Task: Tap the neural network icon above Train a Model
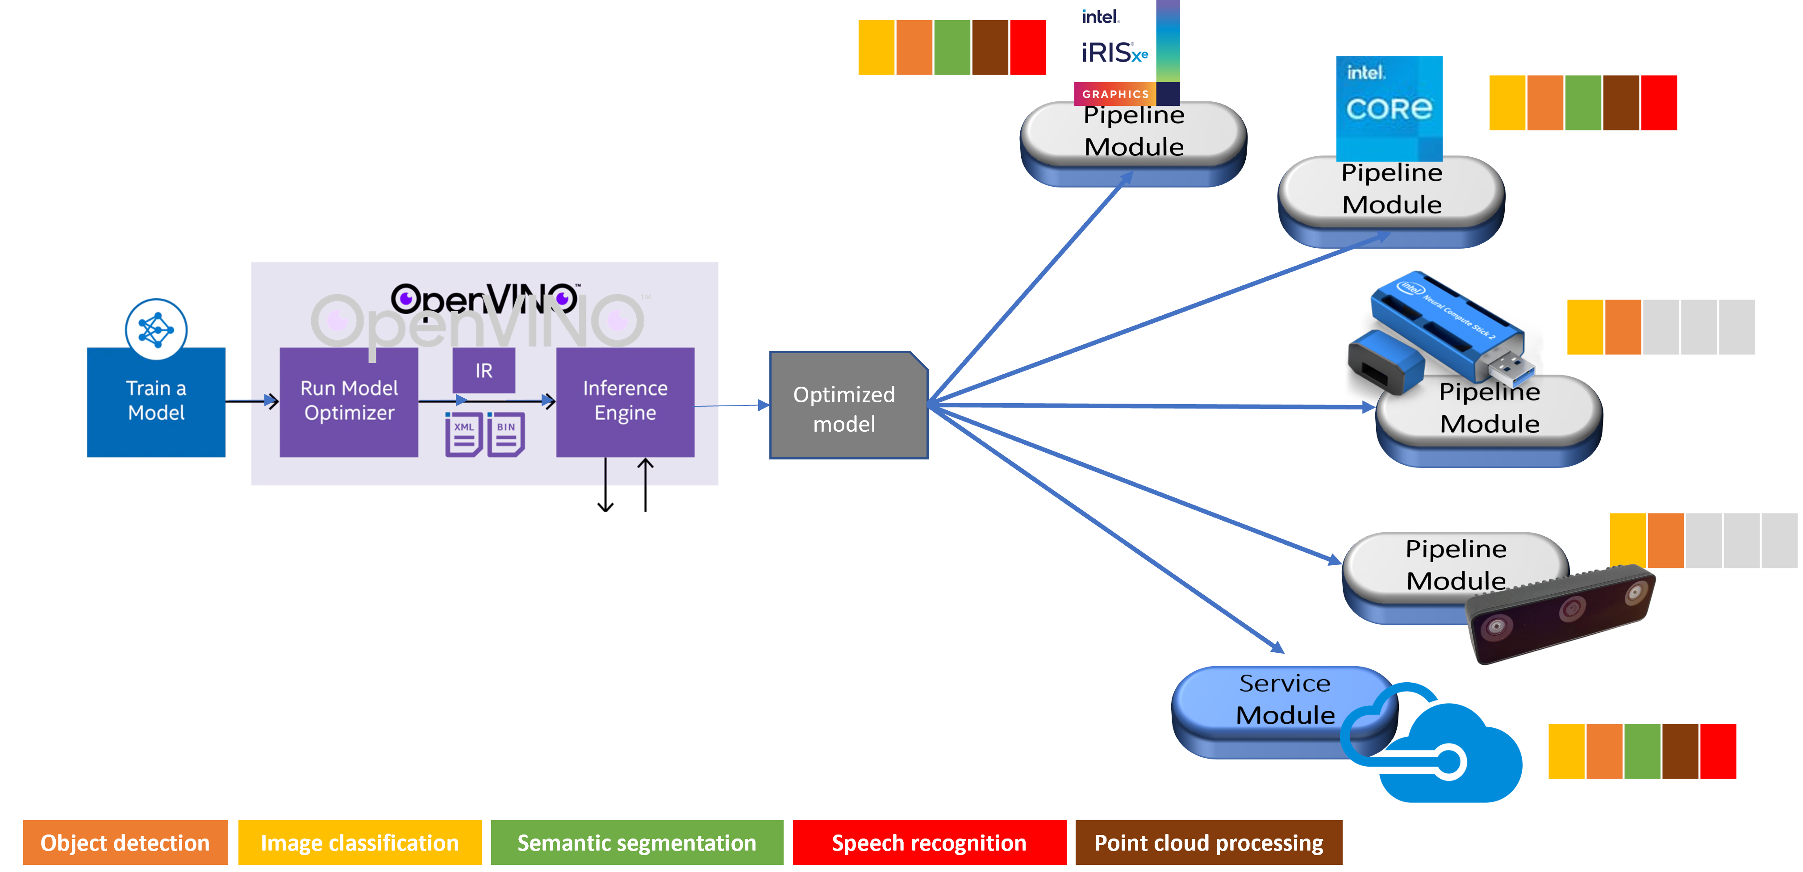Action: (156, 329)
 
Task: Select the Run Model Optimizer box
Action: (349, 401)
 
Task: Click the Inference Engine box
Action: (625, 401)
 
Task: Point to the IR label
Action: (484, 370)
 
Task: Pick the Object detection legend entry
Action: (125, 843)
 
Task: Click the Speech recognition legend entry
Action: (929, 843)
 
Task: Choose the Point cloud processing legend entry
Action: (1208, 843)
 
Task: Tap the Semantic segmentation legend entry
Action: (636, 843)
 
